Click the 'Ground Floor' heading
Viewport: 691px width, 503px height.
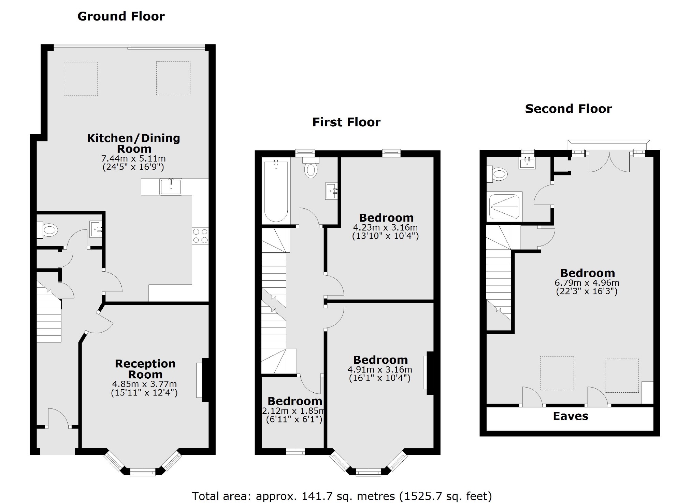coord(121,16)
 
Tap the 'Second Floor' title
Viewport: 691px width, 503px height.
coord(568,109)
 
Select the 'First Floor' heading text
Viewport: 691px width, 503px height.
coord(346,122)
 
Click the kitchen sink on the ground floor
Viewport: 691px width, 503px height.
coord(171,186)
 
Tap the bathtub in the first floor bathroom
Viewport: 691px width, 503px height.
coord(276,191)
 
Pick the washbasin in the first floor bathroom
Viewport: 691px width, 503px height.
coord(332,191)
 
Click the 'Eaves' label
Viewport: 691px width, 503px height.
coord(571,416)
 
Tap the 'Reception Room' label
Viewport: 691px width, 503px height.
coord(145,369)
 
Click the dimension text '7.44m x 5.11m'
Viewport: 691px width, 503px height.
coord(133,159)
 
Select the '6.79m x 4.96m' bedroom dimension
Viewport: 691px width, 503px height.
coord(587,283)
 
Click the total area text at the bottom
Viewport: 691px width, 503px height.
coord(342,496)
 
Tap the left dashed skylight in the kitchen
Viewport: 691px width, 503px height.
coord(81,79)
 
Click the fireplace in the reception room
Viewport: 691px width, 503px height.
coord(203,380)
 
